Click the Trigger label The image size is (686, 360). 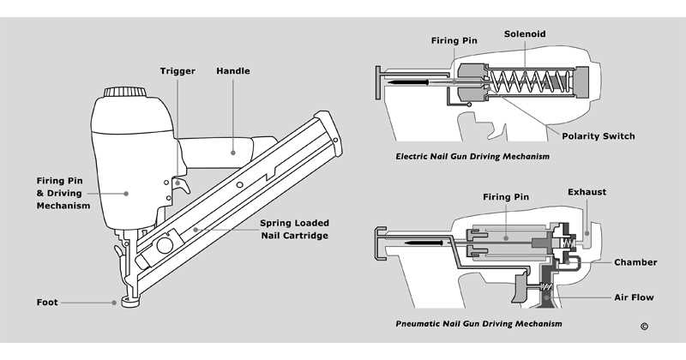178,70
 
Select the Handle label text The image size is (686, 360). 233,70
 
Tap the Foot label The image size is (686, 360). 47,302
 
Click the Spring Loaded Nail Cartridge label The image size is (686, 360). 294,229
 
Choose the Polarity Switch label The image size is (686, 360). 598,136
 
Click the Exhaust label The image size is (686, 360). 587,192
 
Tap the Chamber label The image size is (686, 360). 635,262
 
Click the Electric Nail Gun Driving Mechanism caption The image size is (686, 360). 472,157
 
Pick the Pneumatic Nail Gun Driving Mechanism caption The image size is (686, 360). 479,324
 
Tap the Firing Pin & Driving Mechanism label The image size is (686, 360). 63,193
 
